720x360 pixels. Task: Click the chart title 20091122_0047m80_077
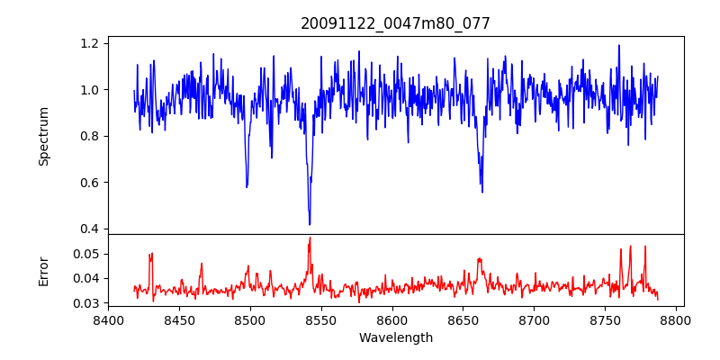[x=395, y=23]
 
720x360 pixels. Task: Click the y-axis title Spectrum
[x=44, y=136]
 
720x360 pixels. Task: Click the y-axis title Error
[x=44, y=271]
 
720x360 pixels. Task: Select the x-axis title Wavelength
[x=395, y=338]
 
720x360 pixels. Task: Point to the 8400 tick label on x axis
[x=108, y=319]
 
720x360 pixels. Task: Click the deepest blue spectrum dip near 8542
[x=310, y=224]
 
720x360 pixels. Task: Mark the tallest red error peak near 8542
[x=310, y=238]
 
